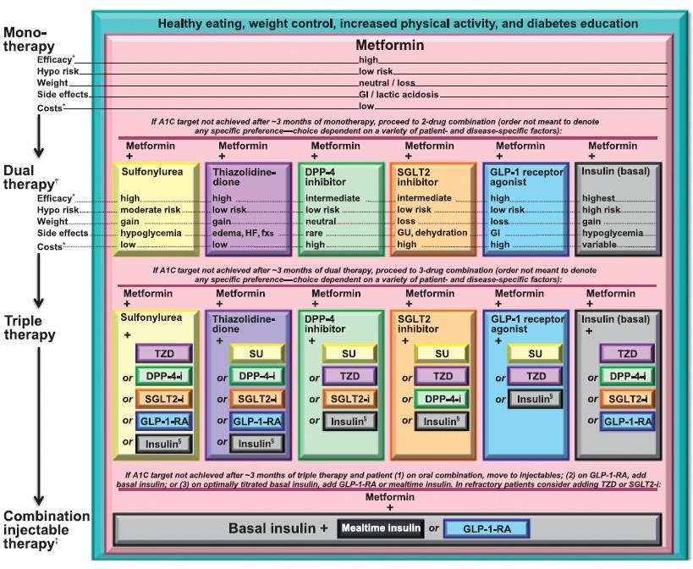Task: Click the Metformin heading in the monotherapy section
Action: point(390,45)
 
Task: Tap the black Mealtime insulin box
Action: point(381,528)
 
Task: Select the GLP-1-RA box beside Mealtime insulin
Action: point(487,528)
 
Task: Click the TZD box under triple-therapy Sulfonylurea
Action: point(164,354)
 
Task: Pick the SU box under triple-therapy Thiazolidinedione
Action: point(256,354)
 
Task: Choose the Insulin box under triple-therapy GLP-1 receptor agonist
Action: point(535,399)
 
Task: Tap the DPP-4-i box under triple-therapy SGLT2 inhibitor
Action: point(442,399)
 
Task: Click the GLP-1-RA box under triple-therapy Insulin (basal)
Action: point(628,422)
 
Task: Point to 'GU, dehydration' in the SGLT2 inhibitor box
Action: point(432,233)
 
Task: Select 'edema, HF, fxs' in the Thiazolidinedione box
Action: point(243,233)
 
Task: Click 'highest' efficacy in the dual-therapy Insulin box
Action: point(598,198)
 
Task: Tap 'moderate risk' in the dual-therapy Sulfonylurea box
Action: point(151,210)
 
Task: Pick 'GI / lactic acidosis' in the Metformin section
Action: point(399,95)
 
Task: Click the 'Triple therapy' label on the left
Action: point(30,328)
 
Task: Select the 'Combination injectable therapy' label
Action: point(47,530)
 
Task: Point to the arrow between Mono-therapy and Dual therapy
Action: point(39,135)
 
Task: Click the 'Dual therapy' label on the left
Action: point(31,177)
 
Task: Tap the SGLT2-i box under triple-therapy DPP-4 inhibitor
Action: point(349,399)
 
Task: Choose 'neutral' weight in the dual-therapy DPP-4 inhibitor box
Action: point(321,222)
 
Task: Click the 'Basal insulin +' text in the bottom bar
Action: point(278,528)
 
